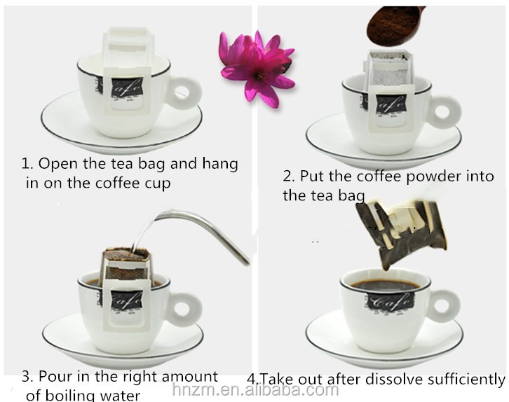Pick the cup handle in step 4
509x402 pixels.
tap(444, 303)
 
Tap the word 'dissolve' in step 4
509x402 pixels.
tap(395, 379)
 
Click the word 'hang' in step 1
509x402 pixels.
tap(220, 164)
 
